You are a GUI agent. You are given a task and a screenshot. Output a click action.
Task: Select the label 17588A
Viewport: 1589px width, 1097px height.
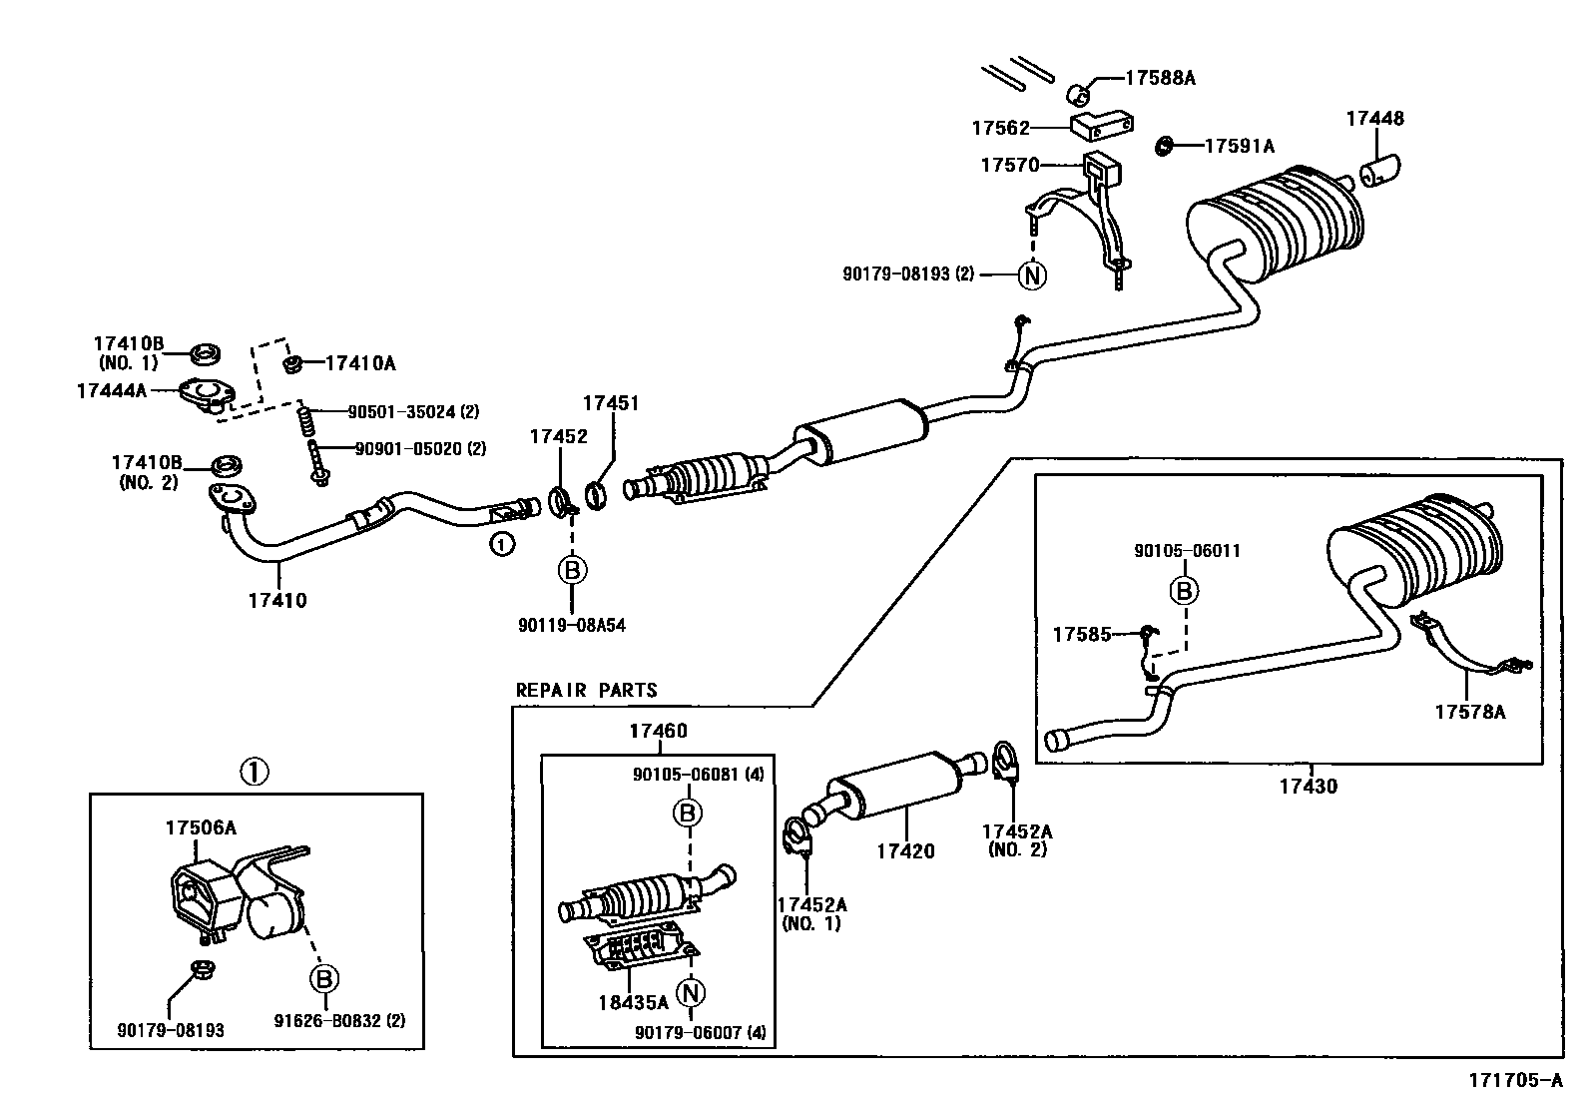(1160, 77)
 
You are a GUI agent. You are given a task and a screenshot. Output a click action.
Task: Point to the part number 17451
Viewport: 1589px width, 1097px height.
(610, 403)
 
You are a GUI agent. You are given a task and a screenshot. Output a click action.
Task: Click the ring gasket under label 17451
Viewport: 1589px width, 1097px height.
(596, 493)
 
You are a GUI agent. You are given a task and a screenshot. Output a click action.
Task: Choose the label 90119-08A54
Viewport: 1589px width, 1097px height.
(572, 625)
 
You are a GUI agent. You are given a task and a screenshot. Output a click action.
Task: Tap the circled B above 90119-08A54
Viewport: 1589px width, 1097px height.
(572, 570)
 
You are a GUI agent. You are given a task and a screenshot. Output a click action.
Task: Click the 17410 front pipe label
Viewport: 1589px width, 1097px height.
(278, 600)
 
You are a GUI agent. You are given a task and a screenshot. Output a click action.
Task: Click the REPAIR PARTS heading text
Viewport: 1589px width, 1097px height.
(586, 690)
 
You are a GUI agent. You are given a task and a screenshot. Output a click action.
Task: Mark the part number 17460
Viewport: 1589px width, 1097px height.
(658, 732)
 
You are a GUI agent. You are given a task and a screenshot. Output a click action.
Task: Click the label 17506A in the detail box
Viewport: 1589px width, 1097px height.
(201, 827)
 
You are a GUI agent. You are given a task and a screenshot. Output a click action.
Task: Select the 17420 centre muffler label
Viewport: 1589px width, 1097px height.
(905, 850)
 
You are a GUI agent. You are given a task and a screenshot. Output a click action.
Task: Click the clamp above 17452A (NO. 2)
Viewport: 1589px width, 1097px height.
(1007, 762)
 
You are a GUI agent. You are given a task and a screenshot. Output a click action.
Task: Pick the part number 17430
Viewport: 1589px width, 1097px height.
(1308, 786)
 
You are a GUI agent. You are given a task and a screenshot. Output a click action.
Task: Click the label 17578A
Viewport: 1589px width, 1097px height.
(1469, 711)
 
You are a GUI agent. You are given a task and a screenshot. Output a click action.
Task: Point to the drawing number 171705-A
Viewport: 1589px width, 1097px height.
(1514, 1081)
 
